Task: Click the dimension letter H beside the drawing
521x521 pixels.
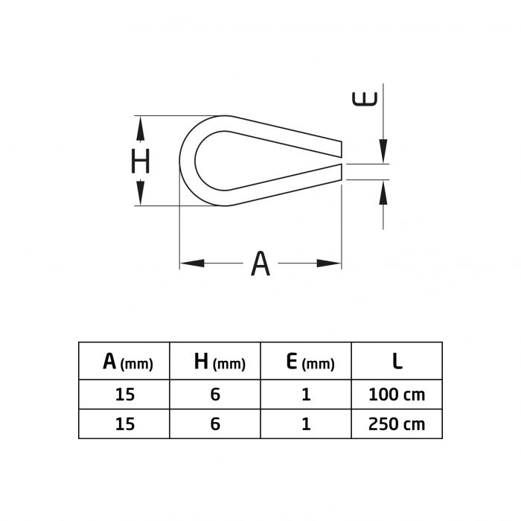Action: (x=141, y=161)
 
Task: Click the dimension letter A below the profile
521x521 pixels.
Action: (x=259, y=263)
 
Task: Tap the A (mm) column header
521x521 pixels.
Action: (x=127, y=362)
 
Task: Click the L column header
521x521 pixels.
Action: (x=397, y=362)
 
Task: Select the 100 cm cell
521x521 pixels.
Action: (x=397, y=394)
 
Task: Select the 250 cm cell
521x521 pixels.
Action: (x=397, y=424)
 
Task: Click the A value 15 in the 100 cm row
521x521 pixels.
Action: (x=124, y=394)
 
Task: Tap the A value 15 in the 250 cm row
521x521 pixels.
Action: (x=124, y=424)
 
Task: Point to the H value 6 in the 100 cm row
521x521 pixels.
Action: (x=216, y=394)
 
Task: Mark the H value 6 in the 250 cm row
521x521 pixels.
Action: (x=216, y=424)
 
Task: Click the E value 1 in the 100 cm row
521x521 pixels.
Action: (x=306, y=394)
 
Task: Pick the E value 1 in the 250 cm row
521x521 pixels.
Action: (x=306, y=424)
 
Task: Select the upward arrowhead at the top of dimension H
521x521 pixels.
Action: (x=140, y=127)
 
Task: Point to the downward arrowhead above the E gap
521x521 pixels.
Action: (x=383, y=151)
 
